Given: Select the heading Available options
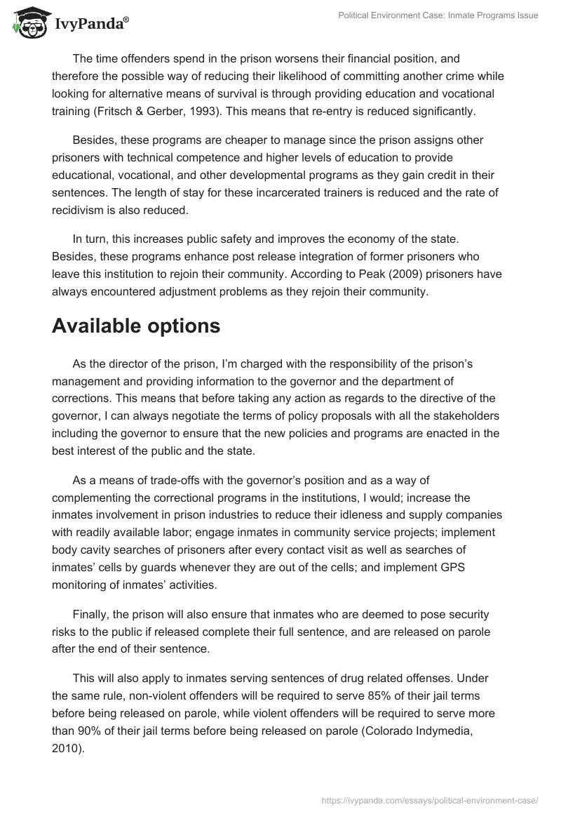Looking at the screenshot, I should click(x=136, y=326).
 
